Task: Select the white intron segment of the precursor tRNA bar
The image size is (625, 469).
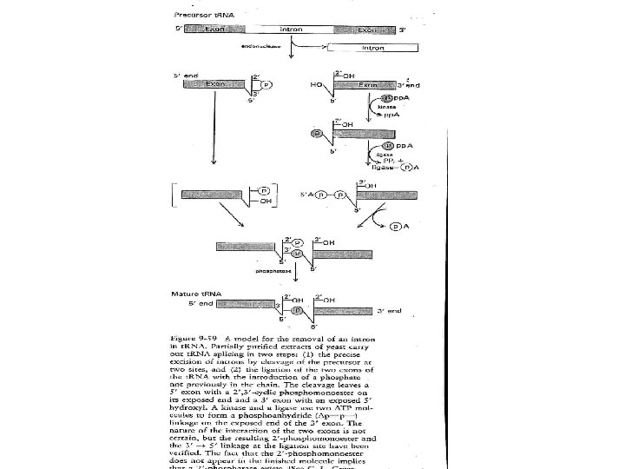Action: click(x=293, y=30)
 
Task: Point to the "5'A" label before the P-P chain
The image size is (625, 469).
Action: click(x=306, y=195)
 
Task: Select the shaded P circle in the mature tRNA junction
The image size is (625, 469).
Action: click(x=297, y=308)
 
